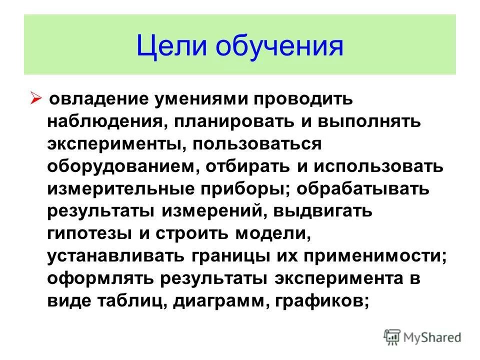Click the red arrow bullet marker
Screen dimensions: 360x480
[x=42, y=97]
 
